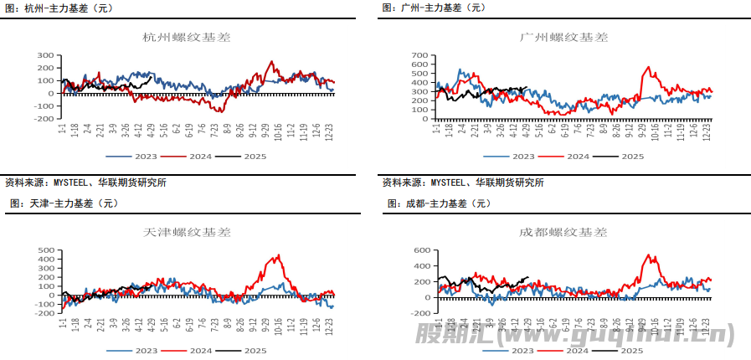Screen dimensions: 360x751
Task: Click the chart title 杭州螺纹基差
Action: coord(188,38)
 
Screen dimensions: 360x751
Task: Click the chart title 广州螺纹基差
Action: coord(563,38)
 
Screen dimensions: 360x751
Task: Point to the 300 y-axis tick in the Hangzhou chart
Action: coord(45,55)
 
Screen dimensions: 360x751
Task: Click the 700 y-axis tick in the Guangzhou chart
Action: coord(420,55)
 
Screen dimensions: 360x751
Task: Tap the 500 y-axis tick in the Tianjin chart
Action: coord(45,249)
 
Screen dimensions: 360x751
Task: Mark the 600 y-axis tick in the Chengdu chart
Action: coord(420,249)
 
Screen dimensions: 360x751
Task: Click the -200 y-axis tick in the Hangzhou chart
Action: coord(43,119)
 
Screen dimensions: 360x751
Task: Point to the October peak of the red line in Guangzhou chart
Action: coord(647,68)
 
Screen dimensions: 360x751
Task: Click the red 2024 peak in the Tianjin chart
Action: coord(279,255)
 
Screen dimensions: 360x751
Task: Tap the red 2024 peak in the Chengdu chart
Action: coord(650,255)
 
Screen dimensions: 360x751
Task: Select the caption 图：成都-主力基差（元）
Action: coord(439,203)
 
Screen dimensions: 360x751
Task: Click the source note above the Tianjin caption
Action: coord(85,183)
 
